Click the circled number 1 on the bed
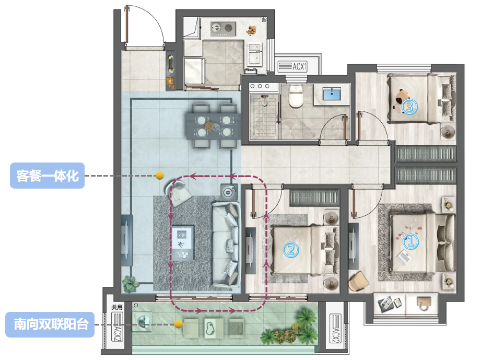pos(410,242)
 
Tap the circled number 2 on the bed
pos(291,250)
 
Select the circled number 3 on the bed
pos(409,107)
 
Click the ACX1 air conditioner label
pos(292,66)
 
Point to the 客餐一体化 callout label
pos(47,176)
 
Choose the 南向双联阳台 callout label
pos(50,324)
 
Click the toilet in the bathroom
pos(296,96)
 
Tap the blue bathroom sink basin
pos(332,94)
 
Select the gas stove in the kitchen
pos(223,29)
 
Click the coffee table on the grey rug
pos(183,242)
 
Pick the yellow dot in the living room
pos(160,176)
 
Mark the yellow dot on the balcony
pos(178,324)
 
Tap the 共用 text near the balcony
pos(117,307)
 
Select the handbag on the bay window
pos(424,304)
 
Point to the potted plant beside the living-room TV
pos(131,284)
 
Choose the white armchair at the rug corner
pos(179,192)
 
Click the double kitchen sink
pos(254,54)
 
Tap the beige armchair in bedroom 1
pos(358,282)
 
